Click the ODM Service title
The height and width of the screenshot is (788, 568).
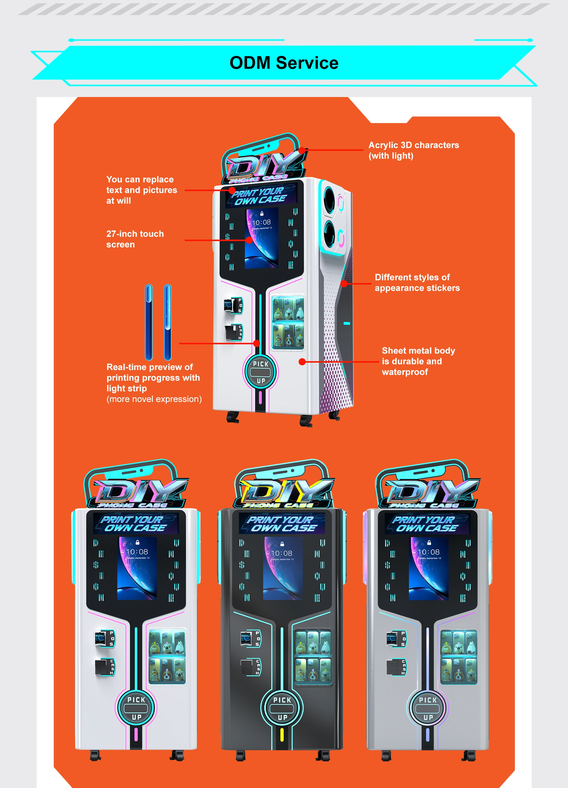pos(284,63)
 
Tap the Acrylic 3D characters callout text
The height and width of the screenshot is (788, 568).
pos(413,150)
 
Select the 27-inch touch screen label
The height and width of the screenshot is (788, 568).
pos(135,239)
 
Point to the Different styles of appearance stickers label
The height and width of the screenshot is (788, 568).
pos(417,282)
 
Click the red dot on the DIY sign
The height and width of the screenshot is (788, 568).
pos(302,150)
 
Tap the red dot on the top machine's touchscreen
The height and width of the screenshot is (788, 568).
pos(249,240)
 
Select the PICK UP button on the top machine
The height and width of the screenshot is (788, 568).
pos(261,372)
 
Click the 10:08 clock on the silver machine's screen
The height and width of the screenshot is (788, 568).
pos(428,552)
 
